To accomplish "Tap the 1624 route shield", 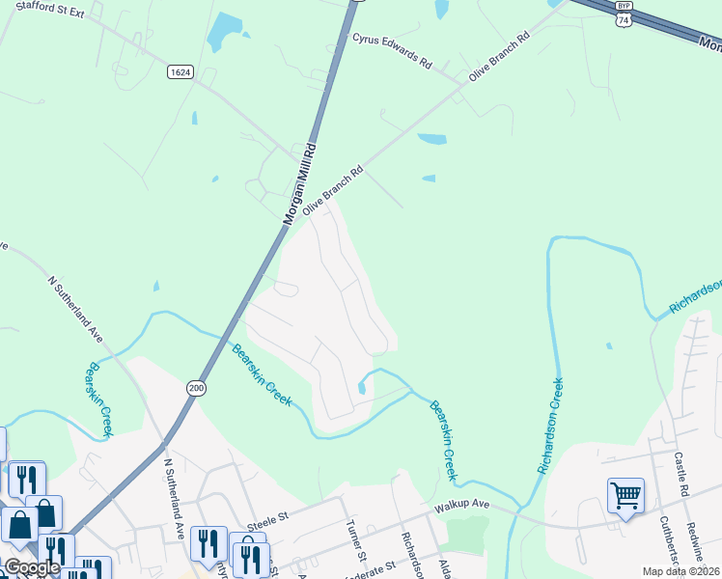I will coord(180,72).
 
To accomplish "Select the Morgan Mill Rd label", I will coord(299,185).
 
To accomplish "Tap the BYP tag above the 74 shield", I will coord(624,6).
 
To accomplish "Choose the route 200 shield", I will coord(197,387).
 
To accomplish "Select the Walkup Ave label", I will coord(462,504).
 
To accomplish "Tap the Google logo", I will coord(31,567).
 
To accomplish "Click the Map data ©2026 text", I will coord(680,571).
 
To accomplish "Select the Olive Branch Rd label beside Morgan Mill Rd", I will coord(332,189).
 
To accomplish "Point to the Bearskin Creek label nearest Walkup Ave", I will coord(442,440).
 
